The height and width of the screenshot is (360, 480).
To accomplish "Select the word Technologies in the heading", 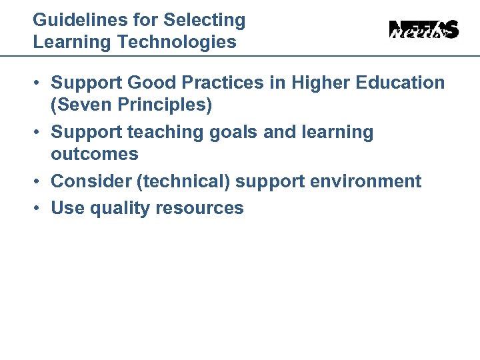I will click(177, 43).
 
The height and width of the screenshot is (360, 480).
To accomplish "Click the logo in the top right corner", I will click(424, 30).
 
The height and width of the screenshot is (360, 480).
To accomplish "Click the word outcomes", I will click(95, 154).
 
